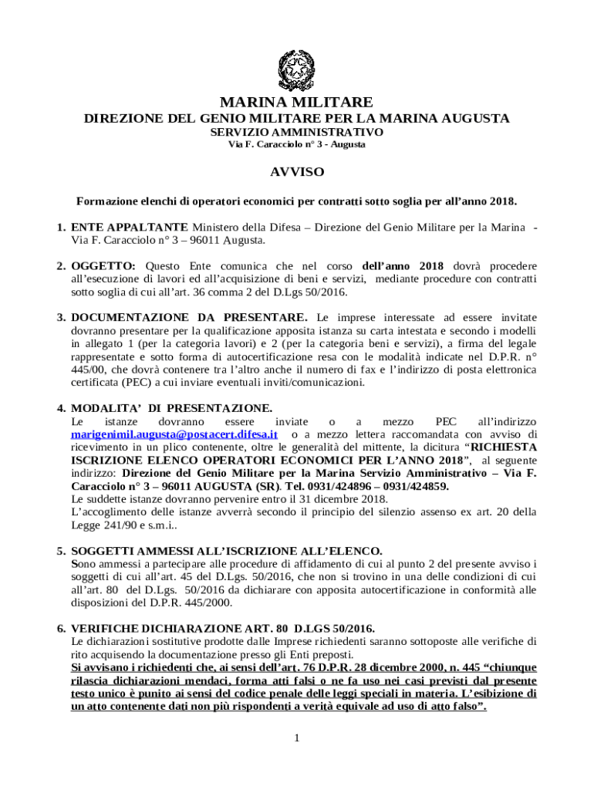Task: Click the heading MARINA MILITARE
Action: pyautogui.click(x=297, y=103)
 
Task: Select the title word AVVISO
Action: pyautogui.click(x=297, y=171)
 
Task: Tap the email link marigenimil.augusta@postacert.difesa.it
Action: pyautogui.click(x=174, y=434)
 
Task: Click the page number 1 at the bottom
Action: pyautogui.click(x=296, y=738)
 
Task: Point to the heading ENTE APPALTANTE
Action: pyautogui.click(x=129, y=227)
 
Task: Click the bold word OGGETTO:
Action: pyautogui.click(x=103, y=266)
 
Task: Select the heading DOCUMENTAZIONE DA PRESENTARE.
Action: pyautogui.click(x=189, y=317)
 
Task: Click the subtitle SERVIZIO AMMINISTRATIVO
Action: pyautogui.click(x=297, y=132)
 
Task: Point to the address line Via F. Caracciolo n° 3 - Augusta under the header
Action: pyautogui.click(x=297, y=144)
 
